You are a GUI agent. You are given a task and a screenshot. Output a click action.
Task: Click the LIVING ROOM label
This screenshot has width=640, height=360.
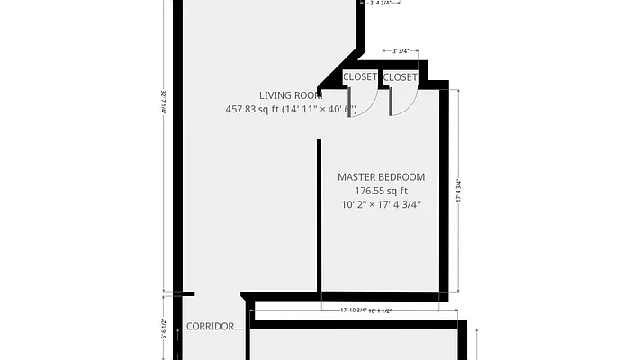[x=291, y=95]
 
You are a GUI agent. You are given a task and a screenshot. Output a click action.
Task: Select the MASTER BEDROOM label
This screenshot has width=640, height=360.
[x=381, y=177]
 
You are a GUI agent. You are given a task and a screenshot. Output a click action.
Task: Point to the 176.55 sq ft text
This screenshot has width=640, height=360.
[x=381, y=191]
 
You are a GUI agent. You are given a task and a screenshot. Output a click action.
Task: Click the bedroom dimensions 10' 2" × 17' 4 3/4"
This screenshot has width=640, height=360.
[x=381, y=205]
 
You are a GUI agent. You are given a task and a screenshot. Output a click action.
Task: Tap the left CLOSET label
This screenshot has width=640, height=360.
[x=360, y=77]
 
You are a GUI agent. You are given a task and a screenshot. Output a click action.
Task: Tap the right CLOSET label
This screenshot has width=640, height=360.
[x=400, y=77]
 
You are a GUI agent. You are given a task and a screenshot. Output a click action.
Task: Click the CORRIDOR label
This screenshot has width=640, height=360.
[x=210, y=326]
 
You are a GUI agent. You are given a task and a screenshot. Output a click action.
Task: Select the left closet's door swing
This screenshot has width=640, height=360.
[x=355, y=104]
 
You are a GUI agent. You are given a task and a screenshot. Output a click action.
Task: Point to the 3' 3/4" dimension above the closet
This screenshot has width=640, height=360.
[x=399, y=51]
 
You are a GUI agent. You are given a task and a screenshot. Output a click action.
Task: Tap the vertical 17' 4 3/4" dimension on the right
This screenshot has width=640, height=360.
[x=459, y=191]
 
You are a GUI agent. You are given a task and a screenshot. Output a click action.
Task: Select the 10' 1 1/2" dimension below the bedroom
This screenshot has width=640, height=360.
[x=378, y=311]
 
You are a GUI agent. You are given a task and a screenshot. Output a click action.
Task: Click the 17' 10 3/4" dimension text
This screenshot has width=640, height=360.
[x=352, y=311]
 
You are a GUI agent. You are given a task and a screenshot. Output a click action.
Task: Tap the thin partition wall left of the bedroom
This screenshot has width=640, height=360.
[x=319, y=216]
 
